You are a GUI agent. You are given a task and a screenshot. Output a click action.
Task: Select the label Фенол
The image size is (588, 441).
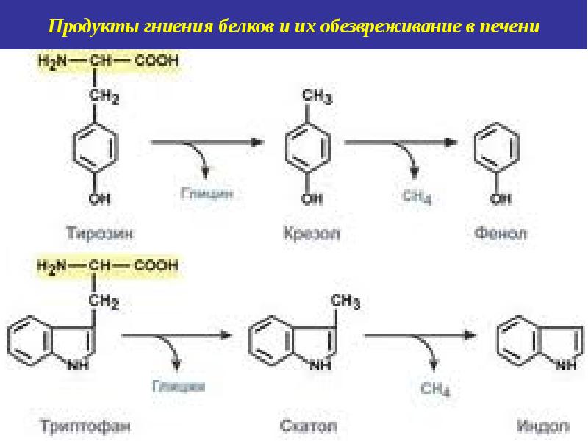click(x=502, y=234)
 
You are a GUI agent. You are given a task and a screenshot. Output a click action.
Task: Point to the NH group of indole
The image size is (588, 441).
click(x=565, y=364)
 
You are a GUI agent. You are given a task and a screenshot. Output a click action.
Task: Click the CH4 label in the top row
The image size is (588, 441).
click(x=416, y=196)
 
